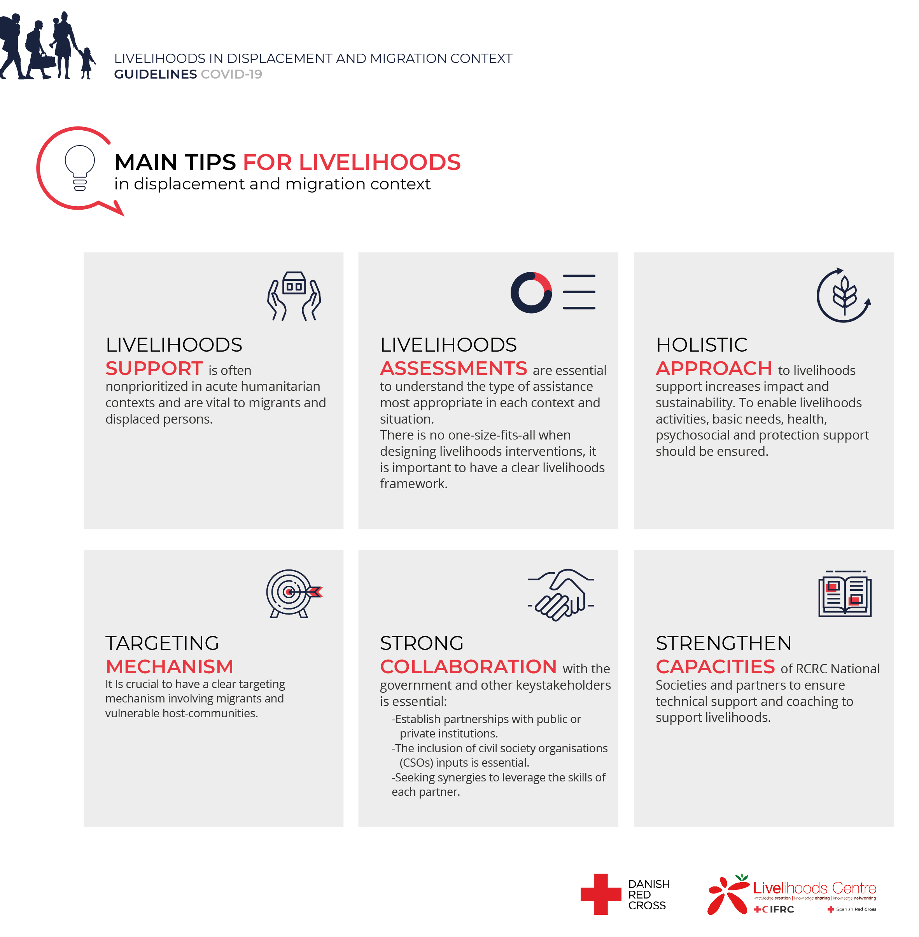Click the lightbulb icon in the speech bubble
(x=80, y=167)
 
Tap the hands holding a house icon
(x=294, y=296)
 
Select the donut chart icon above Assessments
(x=531, y=292)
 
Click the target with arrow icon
(x=292, y=593)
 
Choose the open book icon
(x=845, y=594)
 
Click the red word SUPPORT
(x=154, y=369)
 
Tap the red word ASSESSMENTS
(x=453, y=369)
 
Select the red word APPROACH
(x=713, y=369)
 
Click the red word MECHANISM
(x=170, y=667)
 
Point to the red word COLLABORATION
(x=468, y=667)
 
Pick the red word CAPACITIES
(x=715, y=667)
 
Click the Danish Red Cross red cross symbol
(x=600, y=894)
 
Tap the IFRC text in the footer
(x=781, y=909)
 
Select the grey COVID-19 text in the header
(x=231, y=74)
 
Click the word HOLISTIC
(x=701, y=345)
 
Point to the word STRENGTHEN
(x=723, y=643)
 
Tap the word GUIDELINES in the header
(x=155, y=74)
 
